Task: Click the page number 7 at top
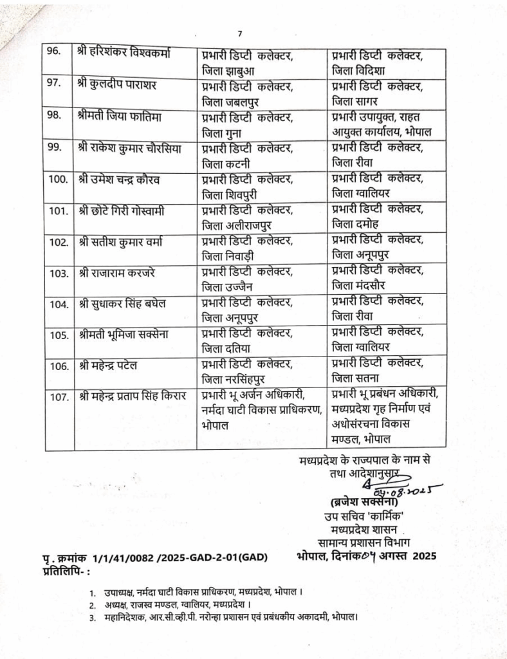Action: click(x=239, y=34)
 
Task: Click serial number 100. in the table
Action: click(x=59, y=178)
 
